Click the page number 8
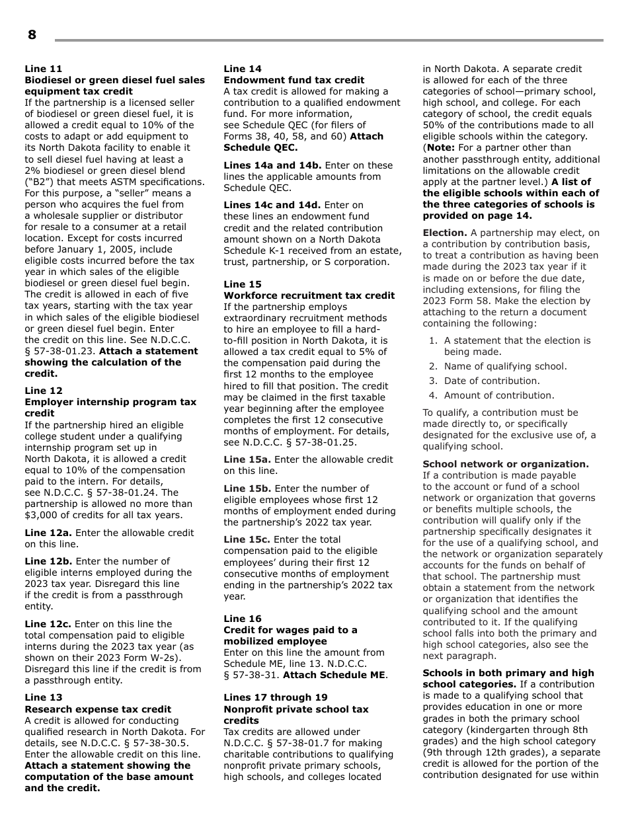tap(32, 36)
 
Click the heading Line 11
tap(44, 69)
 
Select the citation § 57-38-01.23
tap(59, 351)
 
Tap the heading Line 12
tap(44, 391)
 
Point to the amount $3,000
tap(44, 515)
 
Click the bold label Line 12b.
tap(48, 561)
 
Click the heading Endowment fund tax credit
tap(294, 80)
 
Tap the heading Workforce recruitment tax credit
tap(309, 295)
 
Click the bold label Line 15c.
tap(247, 539)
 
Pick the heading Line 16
tap(243, 619)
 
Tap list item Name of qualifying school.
tap(505, 366)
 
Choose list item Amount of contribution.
tap(499, 395)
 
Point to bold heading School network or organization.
tap(505, 464)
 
